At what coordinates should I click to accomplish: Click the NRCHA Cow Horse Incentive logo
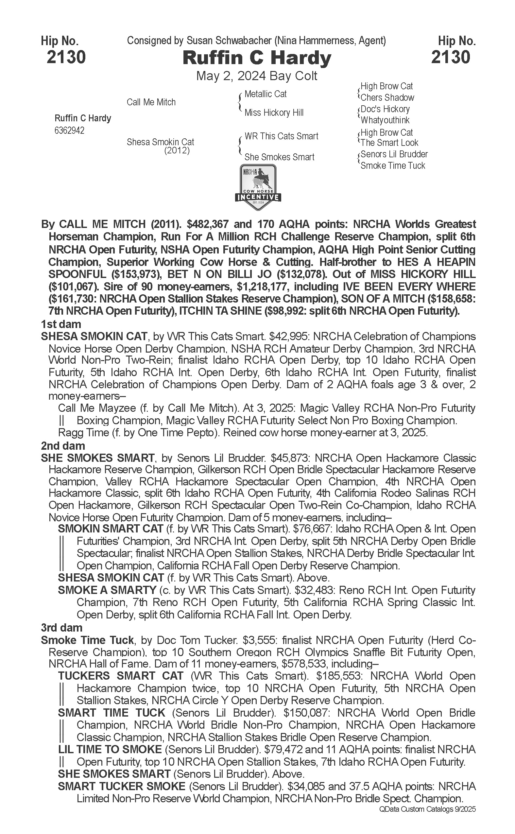coord(258,187)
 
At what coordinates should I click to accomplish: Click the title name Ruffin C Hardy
coord(257,58)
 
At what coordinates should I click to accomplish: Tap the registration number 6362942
coord(69,130)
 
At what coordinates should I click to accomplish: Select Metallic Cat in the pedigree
coord(265,94)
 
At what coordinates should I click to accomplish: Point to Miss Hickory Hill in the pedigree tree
coord(274,113)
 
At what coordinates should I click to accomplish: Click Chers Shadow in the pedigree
coord(387,98)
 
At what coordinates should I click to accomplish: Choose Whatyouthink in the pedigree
coord(385,120)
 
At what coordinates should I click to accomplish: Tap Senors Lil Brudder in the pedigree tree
coord(394,154)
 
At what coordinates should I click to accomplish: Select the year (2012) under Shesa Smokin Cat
coord(177,150)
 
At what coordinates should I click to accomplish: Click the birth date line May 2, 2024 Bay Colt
coord(257,76)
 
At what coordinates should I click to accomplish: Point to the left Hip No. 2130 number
coord(66,57)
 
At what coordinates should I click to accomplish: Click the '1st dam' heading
coord(61,324)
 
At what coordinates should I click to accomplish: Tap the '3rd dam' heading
coord(62,628)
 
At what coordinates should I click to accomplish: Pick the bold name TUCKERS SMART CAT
coord(121,676)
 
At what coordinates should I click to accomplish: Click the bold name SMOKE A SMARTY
coord(107,590)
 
